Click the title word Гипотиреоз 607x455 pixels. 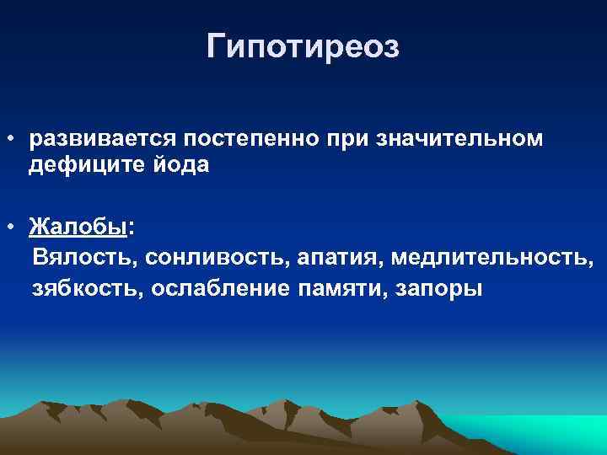coord(303,46)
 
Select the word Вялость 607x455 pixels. coord(78,257)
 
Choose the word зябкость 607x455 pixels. coord(77,289)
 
